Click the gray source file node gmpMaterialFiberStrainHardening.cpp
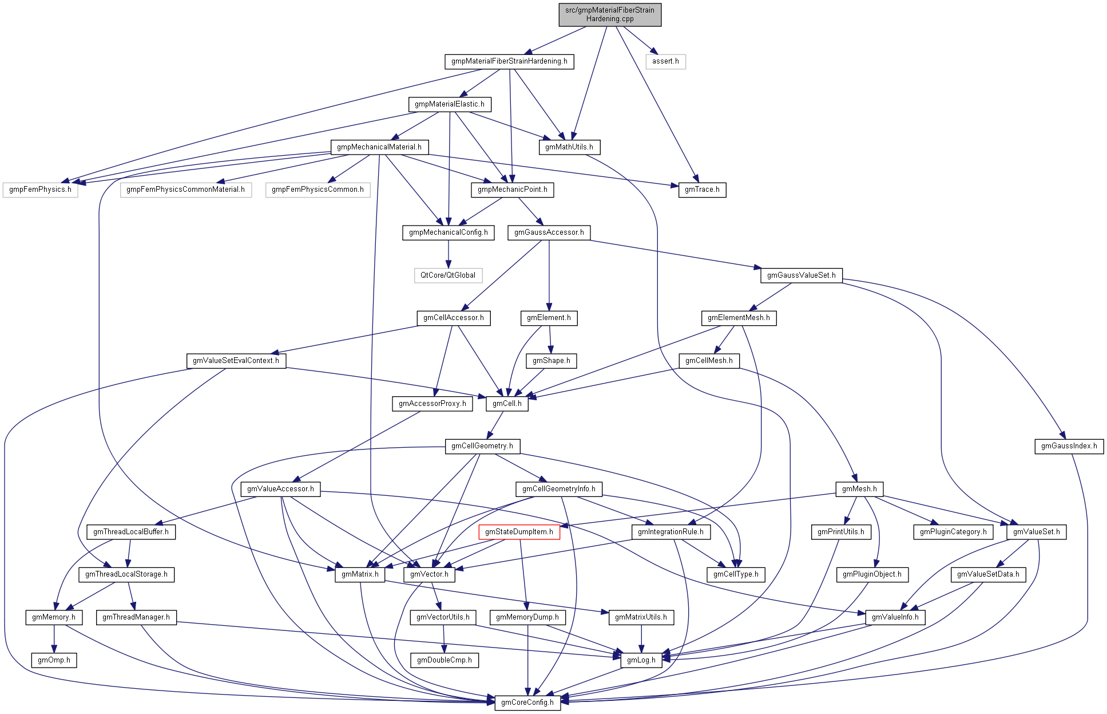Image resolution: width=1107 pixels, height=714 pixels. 610,14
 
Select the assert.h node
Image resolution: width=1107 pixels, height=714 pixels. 665,61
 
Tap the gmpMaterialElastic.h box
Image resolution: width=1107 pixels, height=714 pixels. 450,104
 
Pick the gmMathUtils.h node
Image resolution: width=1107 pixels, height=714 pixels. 569,147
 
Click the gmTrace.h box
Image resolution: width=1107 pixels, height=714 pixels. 702,190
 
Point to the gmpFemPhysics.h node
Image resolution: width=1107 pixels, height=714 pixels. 40,190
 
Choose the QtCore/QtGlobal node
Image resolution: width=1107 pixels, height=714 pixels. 448,275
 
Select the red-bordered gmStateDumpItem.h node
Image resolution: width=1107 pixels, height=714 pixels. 519,532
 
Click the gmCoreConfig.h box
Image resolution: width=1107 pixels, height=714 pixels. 527,703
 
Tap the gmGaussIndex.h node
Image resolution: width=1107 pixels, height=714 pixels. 1069,446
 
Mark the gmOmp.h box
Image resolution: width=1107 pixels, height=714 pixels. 54,660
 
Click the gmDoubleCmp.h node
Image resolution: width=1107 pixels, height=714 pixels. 445,660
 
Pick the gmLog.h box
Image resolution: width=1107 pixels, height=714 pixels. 641,660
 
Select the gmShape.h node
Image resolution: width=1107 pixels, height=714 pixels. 551,361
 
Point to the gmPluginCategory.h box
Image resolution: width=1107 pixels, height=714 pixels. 953,532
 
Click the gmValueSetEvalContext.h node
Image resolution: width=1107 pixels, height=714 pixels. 236,361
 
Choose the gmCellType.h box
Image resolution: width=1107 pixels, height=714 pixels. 736,574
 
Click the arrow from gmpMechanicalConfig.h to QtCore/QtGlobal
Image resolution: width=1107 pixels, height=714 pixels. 449,254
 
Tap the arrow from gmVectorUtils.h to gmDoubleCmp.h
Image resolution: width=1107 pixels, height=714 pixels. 443,639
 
